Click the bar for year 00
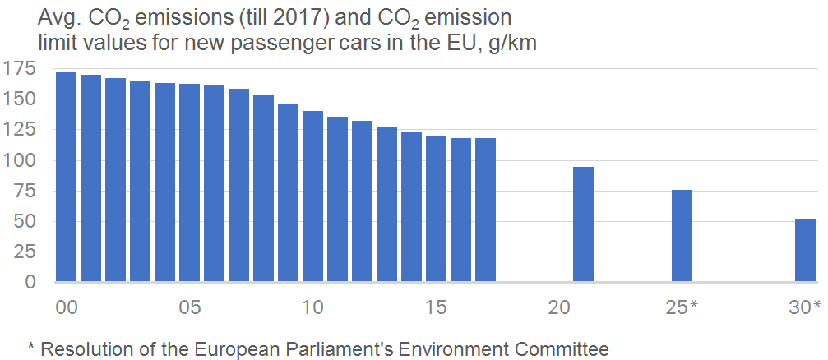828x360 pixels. tap(66, 178)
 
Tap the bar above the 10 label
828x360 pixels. tap(312, 196)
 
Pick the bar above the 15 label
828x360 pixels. tap(436, 209)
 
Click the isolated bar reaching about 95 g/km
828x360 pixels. tap(583, 224)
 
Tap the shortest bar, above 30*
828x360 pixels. tap(805, 251)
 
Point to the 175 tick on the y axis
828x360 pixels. tap(19, 68)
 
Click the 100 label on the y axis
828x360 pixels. tap(19, 160)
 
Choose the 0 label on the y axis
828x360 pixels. tap(31, 282)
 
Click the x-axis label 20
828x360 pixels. tap(560, 307)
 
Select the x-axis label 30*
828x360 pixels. tap(805, 307)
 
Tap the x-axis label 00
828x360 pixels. tap(67, 307)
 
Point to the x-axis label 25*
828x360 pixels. tap(682, 307)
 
